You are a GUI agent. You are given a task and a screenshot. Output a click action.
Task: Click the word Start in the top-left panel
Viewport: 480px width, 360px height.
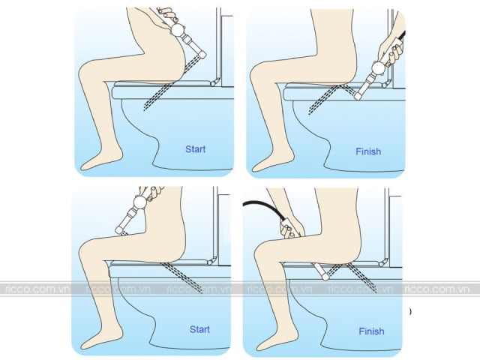[x=196, y=148]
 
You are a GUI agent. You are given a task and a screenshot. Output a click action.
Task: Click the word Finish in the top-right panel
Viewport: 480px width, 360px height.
[x=368, y=151]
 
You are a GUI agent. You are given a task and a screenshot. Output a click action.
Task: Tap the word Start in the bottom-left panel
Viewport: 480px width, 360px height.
[x=199, y=328]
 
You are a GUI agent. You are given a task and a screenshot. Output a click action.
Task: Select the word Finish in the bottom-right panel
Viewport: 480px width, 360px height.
[x=371, y=331]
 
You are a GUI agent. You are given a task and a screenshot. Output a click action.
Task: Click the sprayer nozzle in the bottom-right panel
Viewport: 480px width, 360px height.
[x=325, y=274]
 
